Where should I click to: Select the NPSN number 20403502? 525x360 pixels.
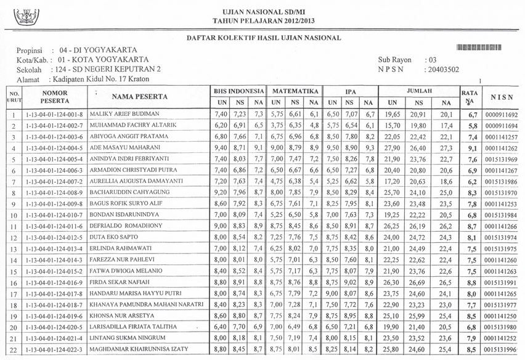coord(442,70)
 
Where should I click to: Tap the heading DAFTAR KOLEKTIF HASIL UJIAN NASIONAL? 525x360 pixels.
coord(264,38)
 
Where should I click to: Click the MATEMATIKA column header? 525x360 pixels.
coord(295,90)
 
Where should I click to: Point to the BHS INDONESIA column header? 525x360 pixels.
coord(238,90)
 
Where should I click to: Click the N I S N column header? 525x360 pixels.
coord(501,97)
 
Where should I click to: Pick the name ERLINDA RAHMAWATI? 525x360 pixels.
coord(121,248)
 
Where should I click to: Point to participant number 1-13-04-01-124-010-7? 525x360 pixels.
coord(54,215)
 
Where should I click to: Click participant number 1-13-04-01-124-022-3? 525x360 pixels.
coord(54,350)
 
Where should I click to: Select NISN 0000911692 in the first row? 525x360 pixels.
coord(501,115)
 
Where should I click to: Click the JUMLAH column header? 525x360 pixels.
coord(418,90)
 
